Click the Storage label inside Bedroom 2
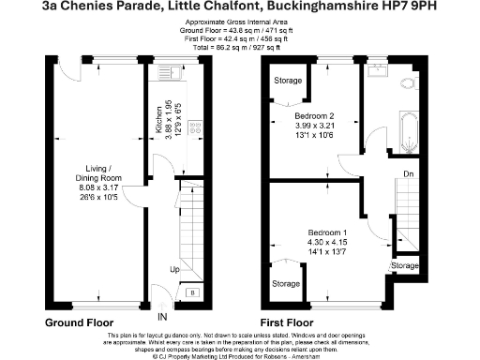[x=289, y=81]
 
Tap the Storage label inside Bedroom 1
[x=286, y=283]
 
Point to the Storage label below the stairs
[x=405, y=266]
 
